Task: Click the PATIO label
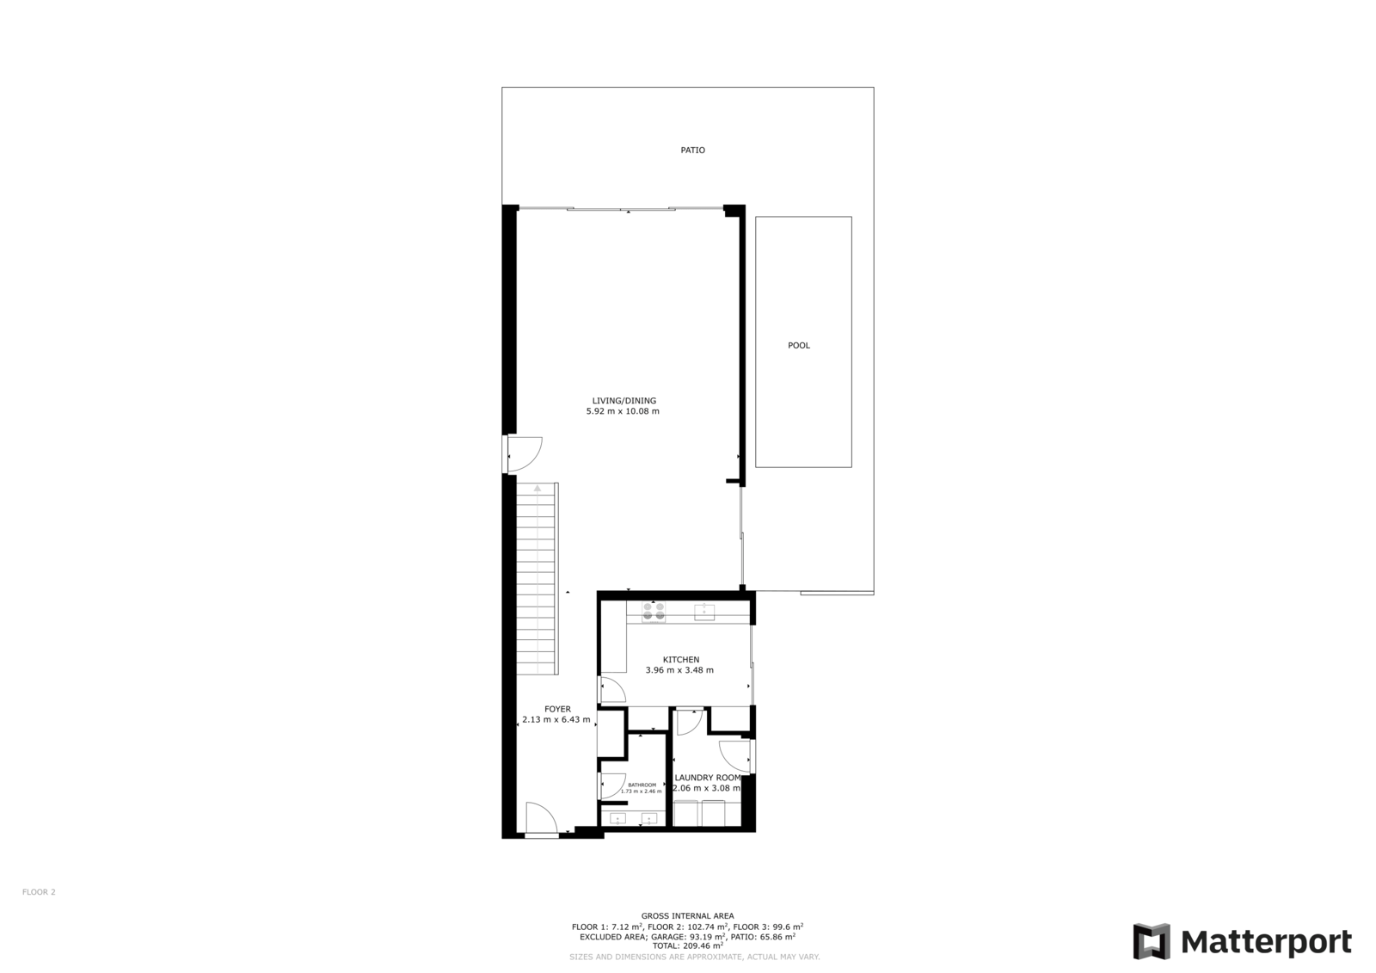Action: click(692, 150)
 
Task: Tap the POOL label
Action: click(799, 346)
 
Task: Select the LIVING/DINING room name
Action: click(623, 401)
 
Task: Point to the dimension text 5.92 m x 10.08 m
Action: click(623, 411)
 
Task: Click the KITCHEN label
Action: click(680, 660)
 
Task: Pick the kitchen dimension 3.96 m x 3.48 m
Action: click(679, 670)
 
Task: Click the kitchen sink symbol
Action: click(704, 612)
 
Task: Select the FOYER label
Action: click(557, 709)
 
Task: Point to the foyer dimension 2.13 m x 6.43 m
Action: click(556, 720)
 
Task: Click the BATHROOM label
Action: click(642, 785)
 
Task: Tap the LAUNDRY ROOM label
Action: click(708, 778)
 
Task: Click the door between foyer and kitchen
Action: click(612, 689)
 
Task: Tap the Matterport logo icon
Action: click(1152, 941)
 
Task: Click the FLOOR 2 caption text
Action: click(39, 892)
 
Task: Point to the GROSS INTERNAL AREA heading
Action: click(687, 916)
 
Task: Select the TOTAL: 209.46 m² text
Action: click(687, 946)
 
